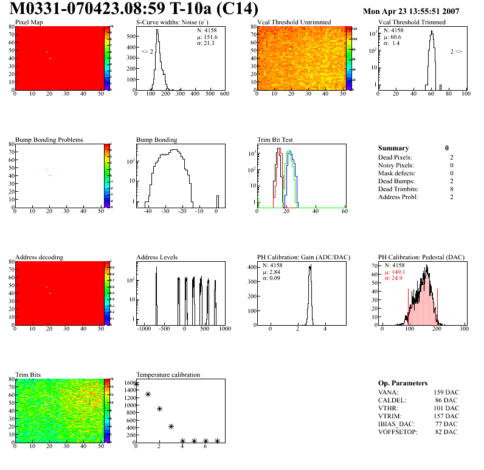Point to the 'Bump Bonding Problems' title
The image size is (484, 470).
pyautogui.click(x=49, y=139)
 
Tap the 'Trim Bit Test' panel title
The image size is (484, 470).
pyautogui.click(x=275, y=139)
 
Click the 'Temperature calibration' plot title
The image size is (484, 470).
pyautogui.click(x=168, y=374)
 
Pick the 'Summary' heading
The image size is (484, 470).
pyautogui.click(x=393, y=148)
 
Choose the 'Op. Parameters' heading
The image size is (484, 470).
pyautogui.click(x=403, y=383)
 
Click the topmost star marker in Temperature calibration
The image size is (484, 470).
pyautogui.click(x=136, y=384)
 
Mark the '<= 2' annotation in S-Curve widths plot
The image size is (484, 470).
pyautogui.click(x=147, y=52)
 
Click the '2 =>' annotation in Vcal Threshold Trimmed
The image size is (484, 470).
pyautogui.click(x=456, y=52)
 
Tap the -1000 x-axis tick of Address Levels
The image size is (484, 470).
pyautogui.click(x=143, y=329)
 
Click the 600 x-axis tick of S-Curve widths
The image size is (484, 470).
pyautogui.click(x=224, y=94)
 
